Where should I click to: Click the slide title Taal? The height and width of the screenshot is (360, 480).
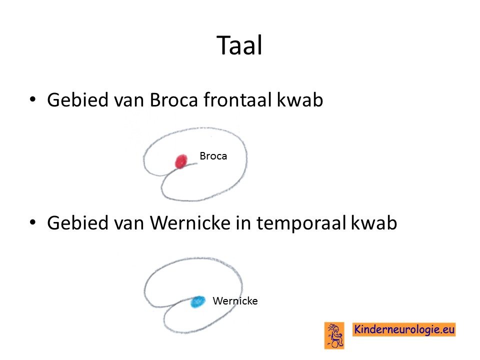239,45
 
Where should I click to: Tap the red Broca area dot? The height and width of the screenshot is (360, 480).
181,161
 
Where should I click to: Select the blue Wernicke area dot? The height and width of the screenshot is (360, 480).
198,301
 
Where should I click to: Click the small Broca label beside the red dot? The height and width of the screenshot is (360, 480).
213,156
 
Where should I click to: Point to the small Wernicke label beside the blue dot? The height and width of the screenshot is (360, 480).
235,301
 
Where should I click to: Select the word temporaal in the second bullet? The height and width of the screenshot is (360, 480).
301,223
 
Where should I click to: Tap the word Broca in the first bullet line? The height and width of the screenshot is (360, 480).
173,100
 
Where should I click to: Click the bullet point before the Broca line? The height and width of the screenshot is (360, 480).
32,99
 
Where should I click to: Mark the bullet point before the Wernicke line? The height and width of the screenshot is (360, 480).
32,222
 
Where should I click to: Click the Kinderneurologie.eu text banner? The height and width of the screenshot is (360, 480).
404,329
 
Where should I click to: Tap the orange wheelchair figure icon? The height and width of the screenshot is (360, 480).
334,335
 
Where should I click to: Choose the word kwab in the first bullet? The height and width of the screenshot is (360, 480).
299,99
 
